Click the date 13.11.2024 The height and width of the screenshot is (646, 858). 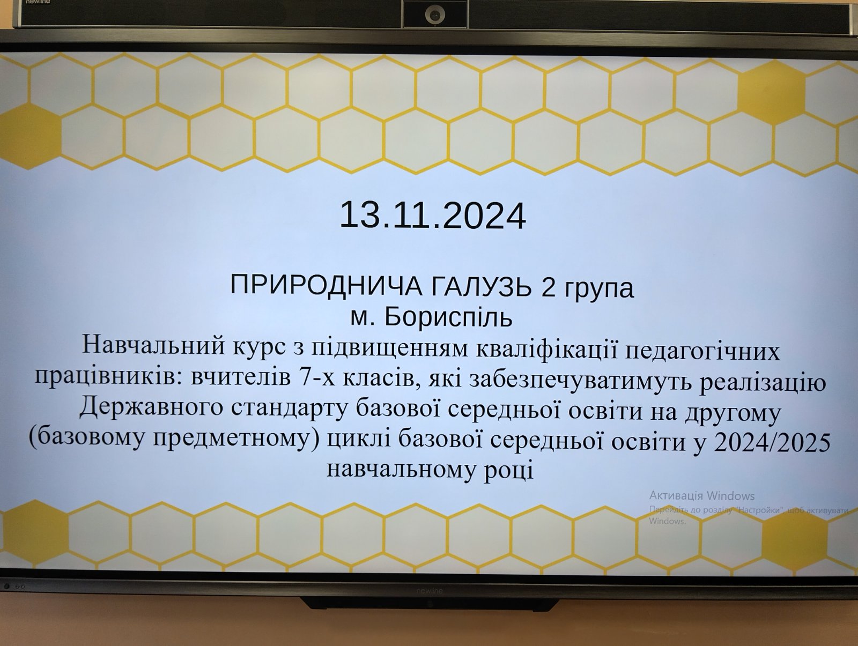coord(433,216)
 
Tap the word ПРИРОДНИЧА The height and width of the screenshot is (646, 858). coord(326,286)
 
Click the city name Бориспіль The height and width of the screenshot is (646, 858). coord(448,317)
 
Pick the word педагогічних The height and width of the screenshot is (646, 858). coord(704,352)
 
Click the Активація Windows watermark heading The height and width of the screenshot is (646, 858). coord(702,495)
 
